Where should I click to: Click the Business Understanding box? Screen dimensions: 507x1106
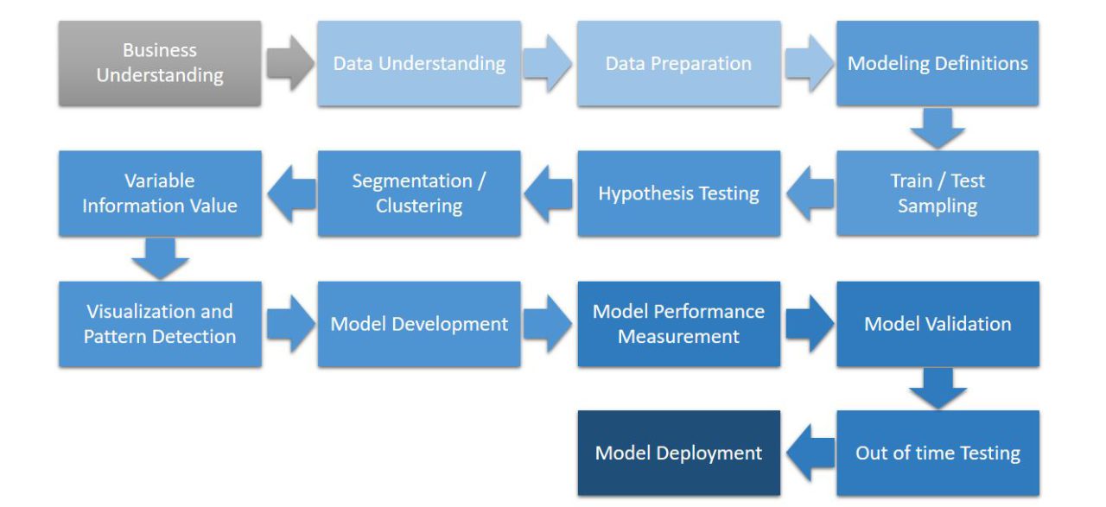coord(160,63)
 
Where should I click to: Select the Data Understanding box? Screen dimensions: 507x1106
coord(419,63)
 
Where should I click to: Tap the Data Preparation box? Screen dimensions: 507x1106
coord(678,63)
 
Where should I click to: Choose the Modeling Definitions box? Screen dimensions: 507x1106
coord(938,63)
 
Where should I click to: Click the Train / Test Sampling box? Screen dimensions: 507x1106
coord(938,193)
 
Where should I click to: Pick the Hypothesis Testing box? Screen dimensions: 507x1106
coord(678,193)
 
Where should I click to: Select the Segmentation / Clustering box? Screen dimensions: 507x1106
coord(419,193)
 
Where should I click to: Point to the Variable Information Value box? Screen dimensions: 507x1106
coord(160,193)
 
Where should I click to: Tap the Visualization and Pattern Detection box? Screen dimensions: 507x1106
coord(160,324)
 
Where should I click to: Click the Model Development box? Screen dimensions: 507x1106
coord(419,324)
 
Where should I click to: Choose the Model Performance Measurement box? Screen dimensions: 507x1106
coord(678,324)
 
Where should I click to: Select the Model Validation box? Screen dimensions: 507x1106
coord(938,324)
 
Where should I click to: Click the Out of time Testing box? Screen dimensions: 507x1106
coord(938,453)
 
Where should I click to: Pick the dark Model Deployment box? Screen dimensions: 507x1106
coord(678,453)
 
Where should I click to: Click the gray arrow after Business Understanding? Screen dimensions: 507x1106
coord(289,63)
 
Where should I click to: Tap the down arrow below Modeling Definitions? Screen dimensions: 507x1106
coord(938,129)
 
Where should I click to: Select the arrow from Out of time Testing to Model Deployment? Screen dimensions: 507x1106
coord(809,453)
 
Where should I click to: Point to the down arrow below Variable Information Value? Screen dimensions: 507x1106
coord(160,258)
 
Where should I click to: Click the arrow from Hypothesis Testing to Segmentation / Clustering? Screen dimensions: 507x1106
coord(549,193)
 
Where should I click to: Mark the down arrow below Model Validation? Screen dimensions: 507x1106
coord(938,389)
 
